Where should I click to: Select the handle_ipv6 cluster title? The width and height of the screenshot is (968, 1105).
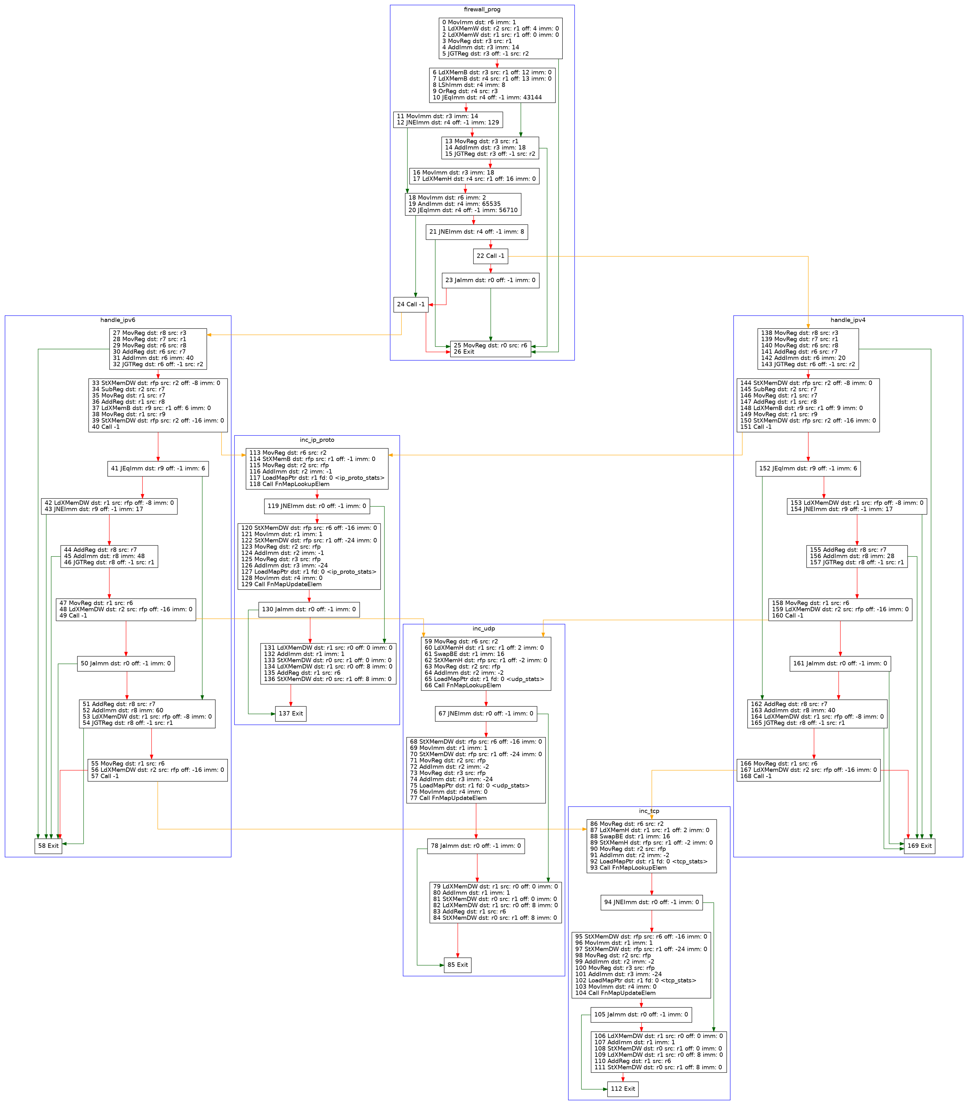pyautogui.click(x=118, y=320)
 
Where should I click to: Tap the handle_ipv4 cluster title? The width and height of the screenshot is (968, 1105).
pyautogui.click(x=848, y=320)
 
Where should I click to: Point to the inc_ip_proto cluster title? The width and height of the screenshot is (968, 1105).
pyautogui.click(x=317, y=440)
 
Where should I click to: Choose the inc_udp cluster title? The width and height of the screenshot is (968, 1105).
pyautogui.click(x=484, y=628)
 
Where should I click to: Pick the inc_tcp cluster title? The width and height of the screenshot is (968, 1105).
pyautogui.click(x=649, y=811)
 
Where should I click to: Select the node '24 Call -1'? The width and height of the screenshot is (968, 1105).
pyautogui.click(x=411, y=305)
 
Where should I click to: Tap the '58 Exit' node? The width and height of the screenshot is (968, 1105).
pyautogui.click(x=48, y=846)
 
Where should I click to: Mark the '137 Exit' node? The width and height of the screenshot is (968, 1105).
pyautogui.click(x=291, y=714)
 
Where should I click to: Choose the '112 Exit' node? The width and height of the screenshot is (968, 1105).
pyautogui.click(x=623, y=1089)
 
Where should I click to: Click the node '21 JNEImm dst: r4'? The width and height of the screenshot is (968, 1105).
pyautogui.click(x=476, y=232)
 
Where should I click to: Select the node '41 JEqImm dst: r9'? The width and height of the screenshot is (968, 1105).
pyautogui.click(x=158, y=468)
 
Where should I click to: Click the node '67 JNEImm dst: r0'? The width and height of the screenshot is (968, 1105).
pyautogui.click(x=486, y=714)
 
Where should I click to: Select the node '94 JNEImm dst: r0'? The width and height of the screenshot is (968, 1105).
pyautogui.click(x=652, y=902)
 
